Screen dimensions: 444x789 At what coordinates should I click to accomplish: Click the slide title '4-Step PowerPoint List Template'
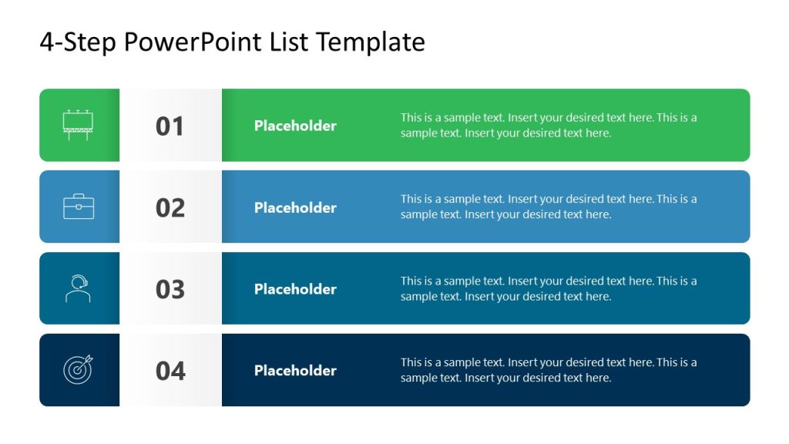click(x=232, y=42)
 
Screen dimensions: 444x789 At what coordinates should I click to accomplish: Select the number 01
click(x=170, y=126)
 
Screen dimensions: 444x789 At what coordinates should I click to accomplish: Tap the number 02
click(x=170, y=208)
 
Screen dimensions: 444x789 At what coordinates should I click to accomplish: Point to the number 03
click(x=170, y=290)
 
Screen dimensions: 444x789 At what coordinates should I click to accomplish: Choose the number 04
click(x=170, y=372)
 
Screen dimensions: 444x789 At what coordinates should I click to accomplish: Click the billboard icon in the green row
click(x=78, y=125)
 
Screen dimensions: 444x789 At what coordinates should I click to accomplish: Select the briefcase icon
click(x=79, y=207)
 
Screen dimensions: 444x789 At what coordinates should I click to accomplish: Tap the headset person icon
click(x=78, y=289)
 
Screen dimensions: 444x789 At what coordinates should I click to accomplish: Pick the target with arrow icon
click(x=78, y=370)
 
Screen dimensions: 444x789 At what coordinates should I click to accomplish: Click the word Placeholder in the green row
click(x=295, y=126)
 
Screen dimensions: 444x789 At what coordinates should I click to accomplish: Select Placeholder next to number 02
click(x=295, y=207)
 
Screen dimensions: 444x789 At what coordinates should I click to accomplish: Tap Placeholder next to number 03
click(x=295, y=289)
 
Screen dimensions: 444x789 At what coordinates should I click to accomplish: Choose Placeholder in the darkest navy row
click(x=295, y=371)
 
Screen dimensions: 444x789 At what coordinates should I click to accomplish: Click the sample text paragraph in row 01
click(x=549, y=126)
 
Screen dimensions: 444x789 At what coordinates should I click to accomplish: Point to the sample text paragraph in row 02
click(x=549, y=207)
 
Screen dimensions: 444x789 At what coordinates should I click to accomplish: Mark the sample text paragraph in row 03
click(x=549, y=289)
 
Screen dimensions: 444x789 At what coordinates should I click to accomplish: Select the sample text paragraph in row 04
click(x=549, y=370)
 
